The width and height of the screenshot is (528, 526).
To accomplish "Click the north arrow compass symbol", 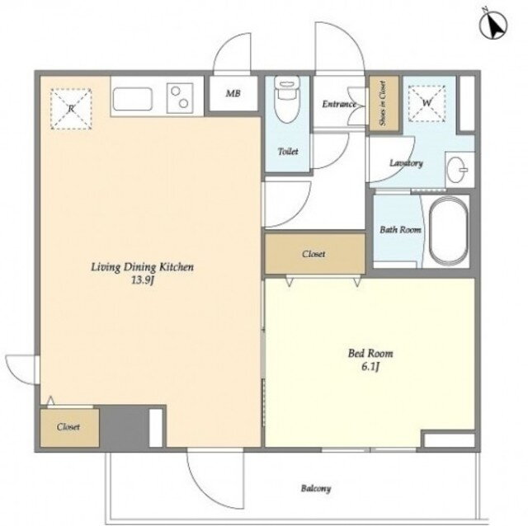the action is point(493,26).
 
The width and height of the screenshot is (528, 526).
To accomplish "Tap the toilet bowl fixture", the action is point(286,98).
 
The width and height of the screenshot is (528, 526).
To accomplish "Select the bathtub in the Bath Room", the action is point(448,231).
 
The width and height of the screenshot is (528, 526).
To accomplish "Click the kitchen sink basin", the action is point(132,99).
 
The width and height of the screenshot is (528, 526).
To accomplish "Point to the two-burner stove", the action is point(180,97).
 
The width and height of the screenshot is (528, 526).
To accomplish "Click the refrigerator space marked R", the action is point(71,109).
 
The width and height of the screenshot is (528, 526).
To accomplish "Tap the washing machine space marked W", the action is point(427,103).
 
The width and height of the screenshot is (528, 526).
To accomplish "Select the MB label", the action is point(233,93).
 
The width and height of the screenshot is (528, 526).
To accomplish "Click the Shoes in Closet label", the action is point(383,103).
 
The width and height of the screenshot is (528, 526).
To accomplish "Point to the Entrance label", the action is point(339,104).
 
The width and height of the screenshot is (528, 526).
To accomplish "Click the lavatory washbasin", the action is point(460,169).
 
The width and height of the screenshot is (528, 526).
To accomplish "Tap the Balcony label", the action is point(316,488).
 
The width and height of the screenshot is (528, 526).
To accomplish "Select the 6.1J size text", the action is point(370,367).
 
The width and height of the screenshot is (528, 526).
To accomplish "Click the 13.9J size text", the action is point(143,280).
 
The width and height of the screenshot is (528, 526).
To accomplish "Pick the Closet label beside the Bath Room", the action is point(313,254).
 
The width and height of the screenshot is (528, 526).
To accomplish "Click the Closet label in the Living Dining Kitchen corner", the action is point(68,427).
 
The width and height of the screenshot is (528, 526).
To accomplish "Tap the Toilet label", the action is point(288,152).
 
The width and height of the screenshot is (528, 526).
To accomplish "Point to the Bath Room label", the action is point(400,230).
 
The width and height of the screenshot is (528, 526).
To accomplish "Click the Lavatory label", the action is point(406,163).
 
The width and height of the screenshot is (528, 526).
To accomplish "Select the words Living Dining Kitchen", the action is point(143,267).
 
